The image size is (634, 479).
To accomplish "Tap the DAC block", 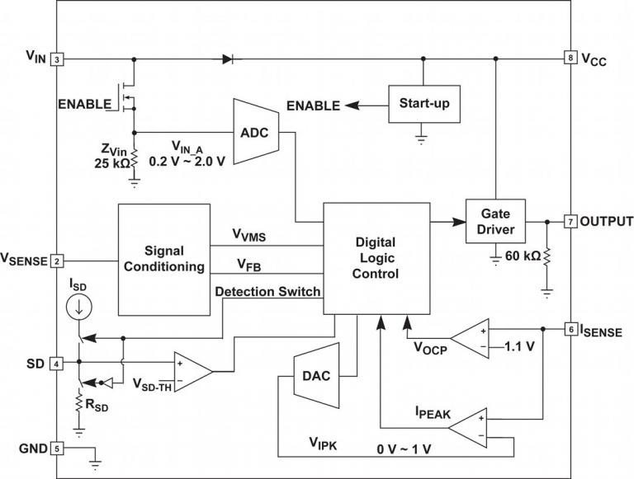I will point(315,376).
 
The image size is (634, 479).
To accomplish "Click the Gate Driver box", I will point(495,221).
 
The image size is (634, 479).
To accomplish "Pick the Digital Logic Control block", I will point(376,258).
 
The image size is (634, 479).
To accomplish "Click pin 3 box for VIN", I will point(57,59).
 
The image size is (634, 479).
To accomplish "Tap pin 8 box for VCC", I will point(570,59).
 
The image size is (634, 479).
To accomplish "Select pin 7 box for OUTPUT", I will point(570,221).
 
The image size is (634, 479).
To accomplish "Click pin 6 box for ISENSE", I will point(570,329).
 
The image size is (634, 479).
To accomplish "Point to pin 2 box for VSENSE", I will point(57,261).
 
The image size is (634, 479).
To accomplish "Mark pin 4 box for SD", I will point(57,363).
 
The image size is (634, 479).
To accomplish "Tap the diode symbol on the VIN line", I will point(228,59).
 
